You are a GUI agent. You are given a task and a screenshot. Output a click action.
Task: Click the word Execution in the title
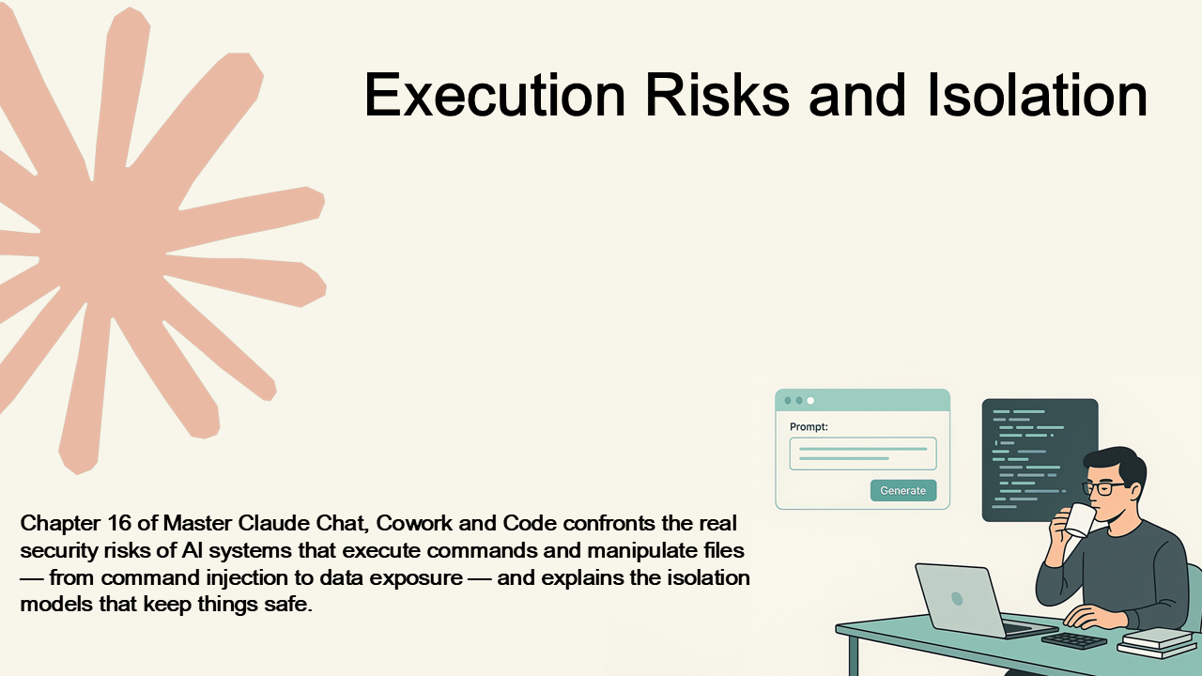coord(495,95)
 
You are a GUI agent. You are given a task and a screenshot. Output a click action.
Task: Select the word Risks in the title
coord(717,95)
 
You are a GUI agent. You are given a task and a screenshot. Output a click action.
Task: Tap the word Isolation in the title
coord(1038,95)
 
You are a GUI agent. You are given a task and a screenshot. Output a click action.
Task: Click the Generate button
coord(903,490)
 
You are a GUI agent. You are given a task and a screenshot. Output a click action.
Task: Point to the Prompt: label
coord(809,427)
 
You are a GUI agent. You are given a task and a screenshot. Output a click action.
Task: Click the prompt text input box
coord(863,453)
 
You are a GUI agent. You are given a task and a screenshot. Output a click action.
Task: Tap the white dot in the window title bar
coord(810,400)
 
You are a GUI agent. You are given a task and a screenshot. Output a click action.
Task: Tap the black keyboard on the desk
coord(1073,640)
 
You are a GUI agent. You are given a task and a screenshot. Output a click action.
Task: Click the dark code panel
coord(1033,456)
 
